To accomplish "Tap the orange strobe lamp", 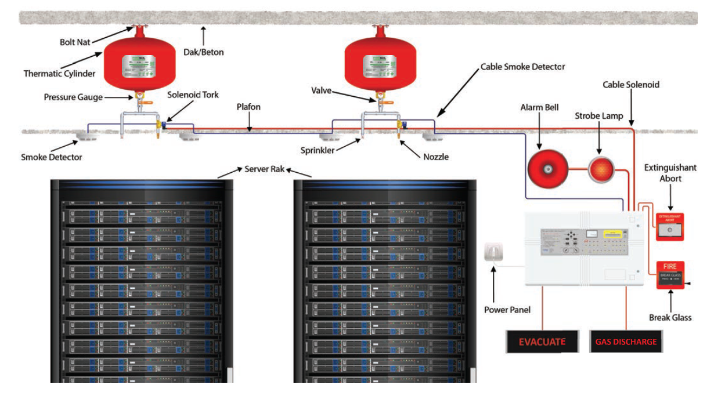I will click(x=600, y=169).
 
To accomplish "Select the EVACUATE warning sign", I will click(x=542, y=341).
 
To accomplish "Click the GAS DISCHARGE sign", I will click(x=626, y=342).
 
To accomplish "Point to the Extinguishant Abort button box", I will click(x=669, y=227).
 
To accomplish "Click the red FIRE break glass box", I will click(x=670, y=275).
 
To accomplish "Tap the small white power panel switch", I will click(x=493, y=252).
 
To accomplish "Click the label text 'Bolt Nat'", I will click(x=75, y=42).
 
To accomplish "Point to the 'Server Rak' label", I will click(x=264, y=169).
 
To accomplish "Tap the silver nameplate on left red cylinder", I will click(x=139, y=68).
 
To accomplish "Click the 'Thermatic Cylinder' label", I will click(x=59, y=74).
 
